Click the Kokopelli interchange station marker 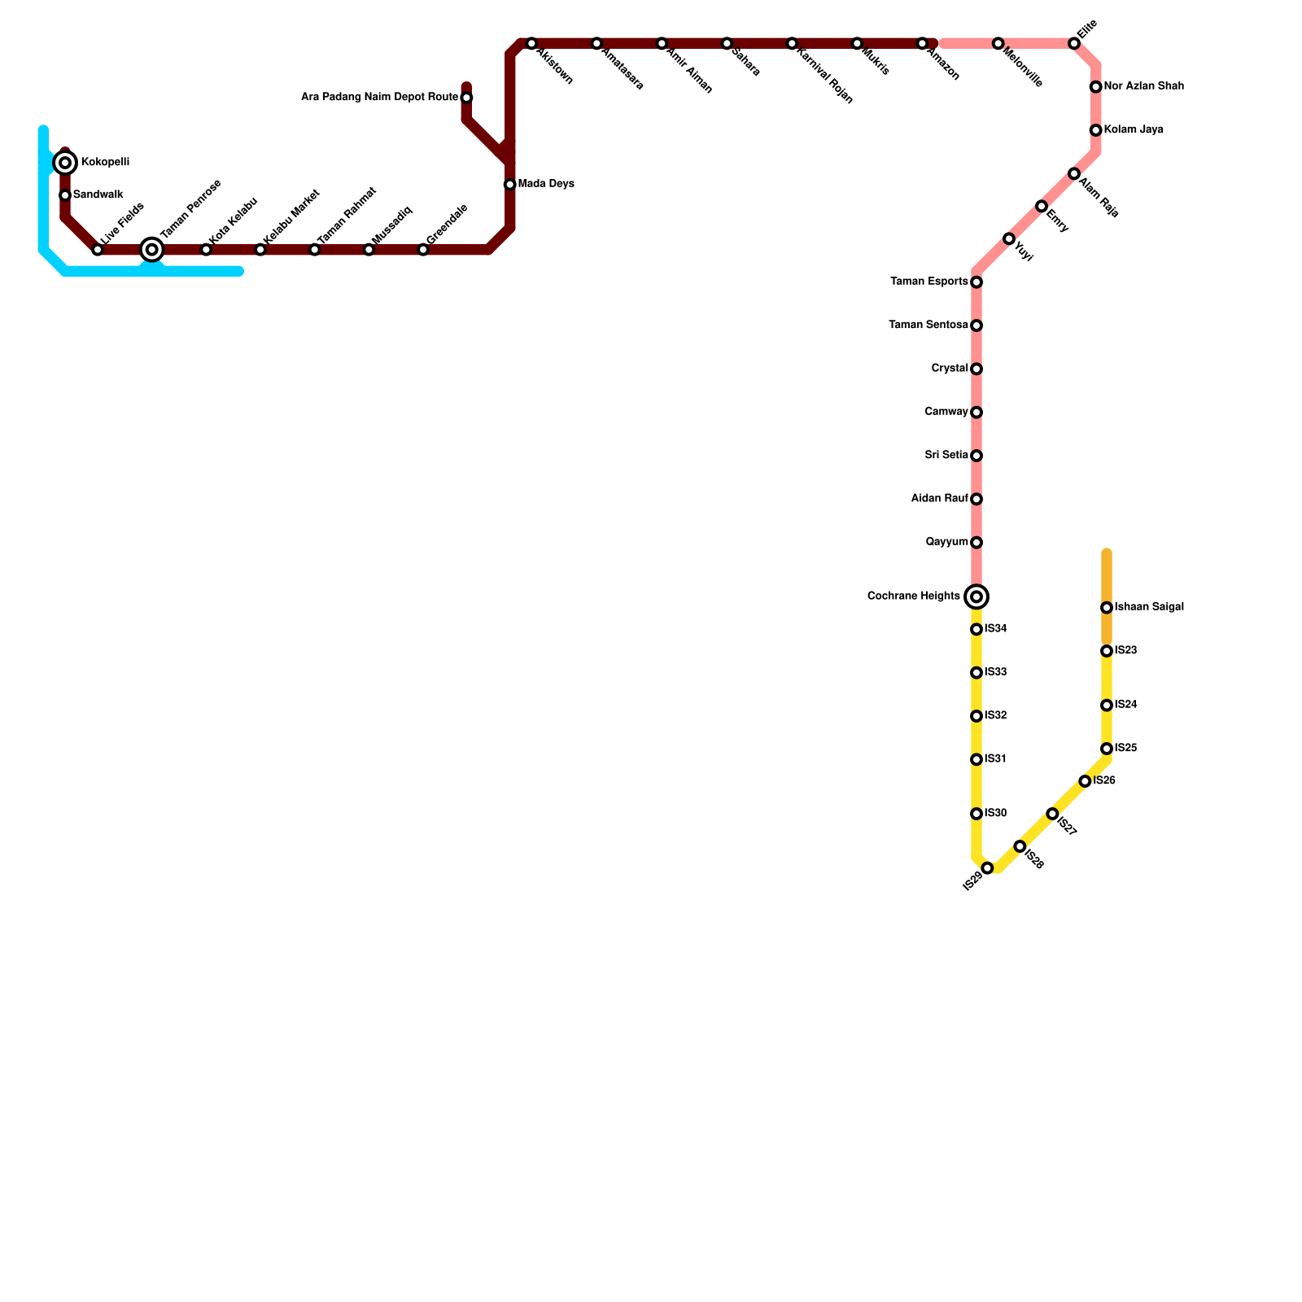pos(65,163)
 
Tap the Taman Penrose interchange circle pos(152,250)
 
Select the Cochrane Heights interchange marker pos(976,596)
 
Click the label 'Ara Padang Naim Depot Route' pos(379,98)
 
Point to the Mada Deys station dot pos(510,185)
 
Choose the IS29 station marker pos(987,868)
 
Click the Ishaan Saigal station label pos(1148,607)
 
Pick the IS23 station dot pos(1107,651)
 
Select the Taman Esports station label pos(929,282)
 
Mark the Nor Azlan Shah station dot pos(1096,87)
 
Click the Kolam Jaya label pos(1133,130)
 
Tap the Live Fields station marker pos(98,250)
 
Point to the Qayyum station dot pos(976,543)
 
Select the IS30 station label pos(995,814)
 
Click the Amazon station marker pos(922,43)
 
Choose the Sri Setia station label pos(946,456)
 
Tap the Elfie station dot pos(1074,43)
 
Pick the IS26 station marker pos(1085,781)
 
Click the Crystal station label pos(950,369)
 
